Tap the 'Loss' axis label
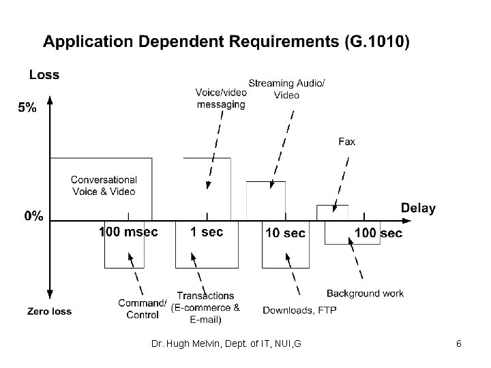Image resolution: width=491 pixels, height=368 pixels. pos(44,75)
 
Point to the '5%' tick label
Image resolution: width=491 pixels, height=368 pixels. pos(27,107)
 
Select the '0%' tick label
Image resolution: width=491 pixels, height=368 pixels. pos(34,216)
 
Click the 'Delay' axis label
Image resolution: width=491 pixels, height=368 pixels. pos(417,209)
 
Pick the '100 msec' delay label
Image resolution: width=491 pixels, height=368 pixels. pos(128,232)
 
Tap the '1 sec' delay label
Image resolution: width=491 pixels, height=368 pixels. pos(206,232)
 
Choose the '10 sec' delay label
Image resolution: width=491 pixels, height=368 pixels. pos(284,233)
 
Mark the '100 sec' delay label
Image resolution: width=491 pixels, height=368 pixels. pos(378,233)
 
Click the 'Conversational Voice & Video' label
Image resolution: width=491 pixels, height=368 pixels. pos(104,185)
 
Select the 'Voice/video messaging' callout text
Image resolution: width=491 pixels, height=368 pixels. pos(220,98)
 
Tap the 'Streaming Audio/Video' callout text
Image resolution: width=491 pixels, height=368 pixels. pos(286,89)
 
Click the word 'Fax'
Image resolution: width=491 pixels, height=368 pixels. pos(346,142)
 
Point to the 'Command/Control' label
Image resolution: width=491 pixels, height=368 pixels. pos(142,309)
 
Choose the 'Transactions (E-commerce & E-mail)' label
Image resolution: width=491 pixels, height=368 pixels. pos(205,307)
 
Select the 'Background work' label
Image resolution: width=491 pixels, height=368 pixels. pos(365,294)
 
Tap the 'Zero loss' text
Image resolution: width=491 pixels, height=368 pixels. pos(49,311)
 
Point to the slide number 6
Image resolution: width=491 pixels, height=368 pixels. pos(459,343)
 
